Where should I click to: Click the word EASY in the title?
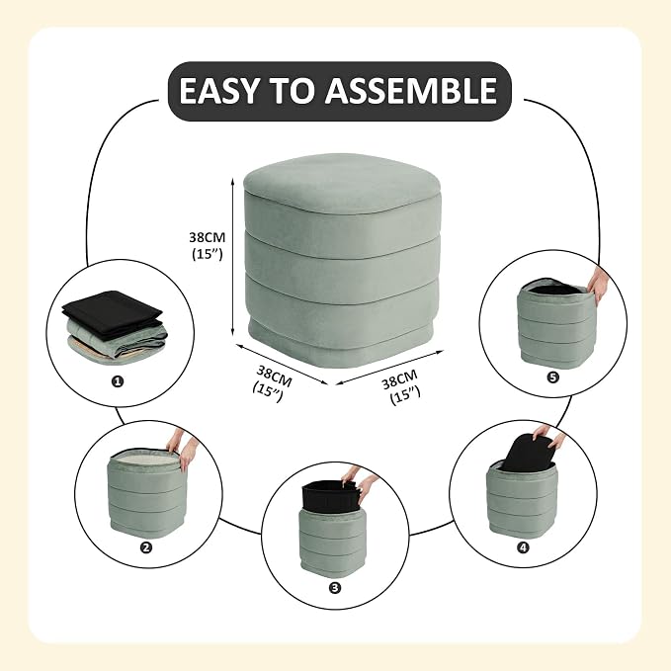218,91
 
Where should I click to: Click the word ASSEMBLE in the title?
411,91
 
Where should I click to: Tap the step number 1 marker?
117,381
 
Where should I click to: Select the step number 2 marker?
146,546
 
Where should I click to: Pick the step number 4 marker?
523,546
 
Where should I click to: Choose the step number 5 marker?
552,377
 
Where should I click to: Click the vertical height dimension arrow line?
232,257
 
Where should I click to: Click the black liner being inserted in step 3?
330,494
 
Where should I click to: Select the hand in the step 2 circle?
182,450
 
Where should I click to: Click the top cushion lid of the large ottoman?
342,183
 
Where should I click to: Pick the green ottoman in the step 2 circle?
147,490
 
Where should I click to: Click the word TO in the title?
292,91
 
